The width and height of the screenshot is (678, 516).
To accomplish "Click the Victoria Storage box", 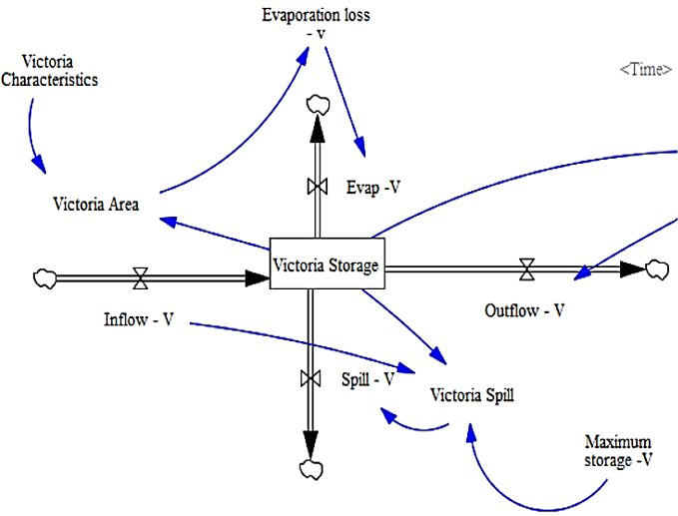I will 327,265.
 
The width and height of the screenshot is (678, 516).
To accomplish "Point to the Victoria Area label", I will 96,205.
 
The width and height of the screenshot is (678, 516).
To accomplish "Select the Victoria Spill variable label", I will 472,394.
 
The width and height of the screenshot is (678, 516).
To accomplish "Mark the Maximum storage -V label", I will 619,449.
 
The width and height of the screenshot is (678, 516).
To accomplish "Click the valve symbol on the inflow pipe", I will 141,277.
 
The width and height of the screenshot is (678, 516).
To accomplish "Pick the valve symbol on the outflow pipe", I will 526,267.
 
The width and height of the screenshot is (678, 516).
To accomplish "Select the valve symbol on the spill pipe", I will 308,378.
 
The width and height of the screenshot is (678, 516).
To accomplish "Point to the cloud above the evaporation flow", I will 319,103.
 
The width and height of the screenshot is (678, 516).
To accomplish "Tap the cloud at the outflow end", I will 658,267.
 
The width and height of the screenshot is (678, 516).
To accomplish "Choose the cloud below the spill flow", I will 308,468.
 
